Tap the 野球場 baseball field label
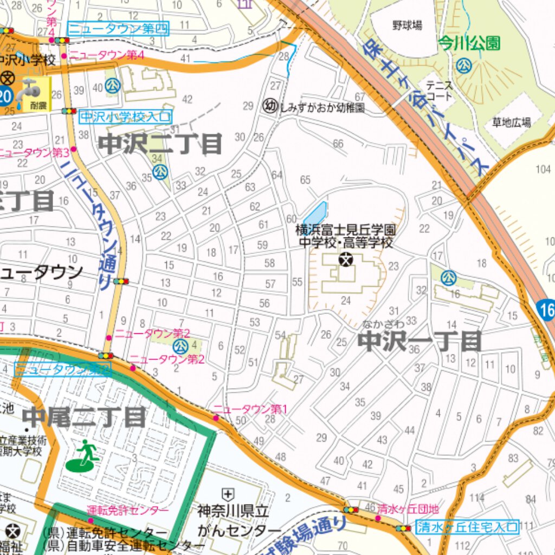coord(407,25)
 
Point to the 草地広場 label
coord(511,122)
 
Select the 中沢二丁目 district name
coord(160,144)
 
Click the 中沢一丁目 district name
coord(421,341)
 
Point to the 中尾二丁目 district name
coord(84,417)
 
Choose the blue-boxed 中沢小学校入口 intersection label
coord(125,116)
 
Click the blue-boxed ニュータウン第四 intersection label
coord(118,28)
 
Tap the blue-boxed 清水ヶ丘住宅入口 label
coord(467,526)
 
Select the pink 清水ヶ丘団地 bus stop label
coord(408,509)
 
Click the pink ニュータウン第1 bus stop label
coord(249,409)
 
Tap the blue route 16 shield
coord(546,311)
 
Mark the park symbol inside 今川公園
coord(463,66)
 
